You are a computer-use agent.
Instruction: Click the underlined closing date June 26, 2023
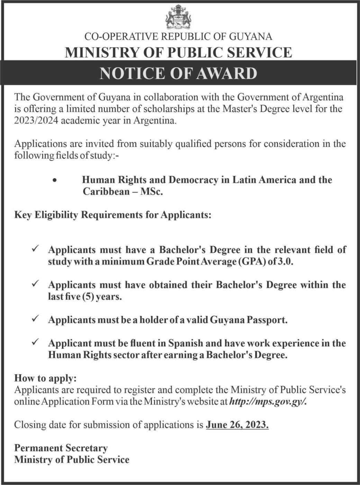click(x=237, y=425)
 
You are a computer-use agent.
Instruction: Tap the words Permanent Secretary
click(x=61, y=448)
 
